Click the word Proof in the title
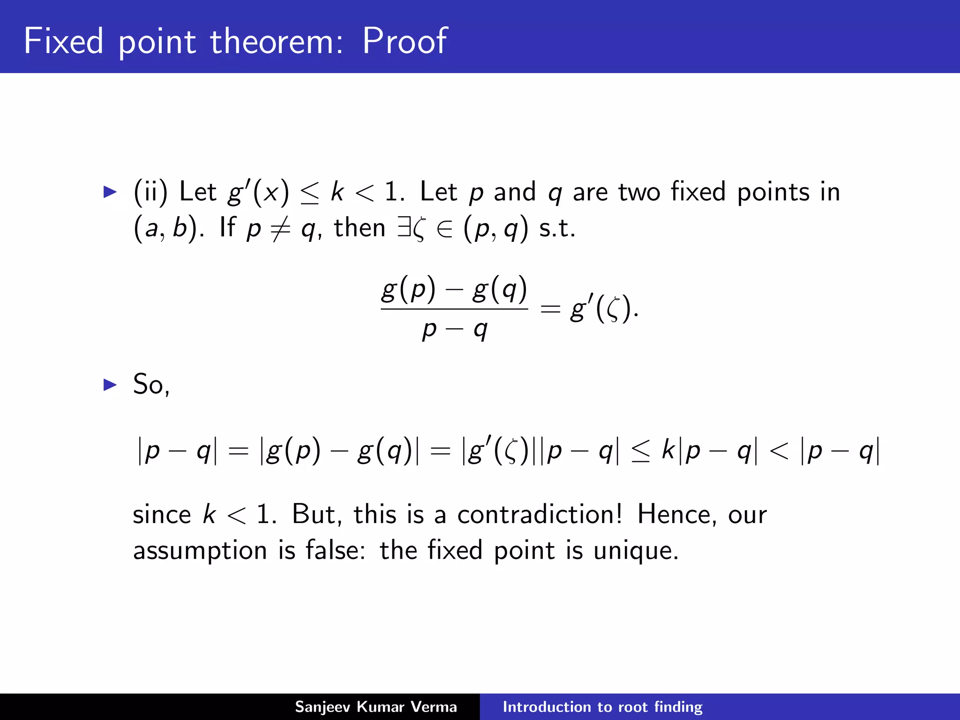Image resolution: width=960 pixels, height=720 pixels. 405,41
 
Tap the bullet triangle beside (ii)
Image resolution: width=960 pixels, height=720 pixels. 110,192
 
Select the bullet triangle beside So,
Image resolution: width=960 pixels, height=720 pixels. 110,384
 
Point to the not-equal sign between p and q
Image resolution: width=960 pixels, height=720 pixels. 281,229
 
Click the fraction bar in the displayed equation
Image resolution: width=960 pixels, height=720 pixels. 454,308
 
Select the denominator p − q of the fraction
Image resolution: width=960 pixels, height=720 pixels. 454,329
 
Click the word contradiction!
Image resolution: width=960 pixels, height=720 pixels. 540,514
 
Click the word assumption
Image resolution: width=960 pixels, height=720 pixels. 200,550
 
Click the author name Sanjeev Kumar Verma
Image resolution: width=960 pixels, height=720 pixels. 376,706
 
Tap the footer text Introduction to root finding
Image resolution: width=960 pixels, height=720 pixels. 602,706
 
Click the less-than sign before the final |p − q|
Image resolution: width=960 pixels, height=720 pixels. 779,451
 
